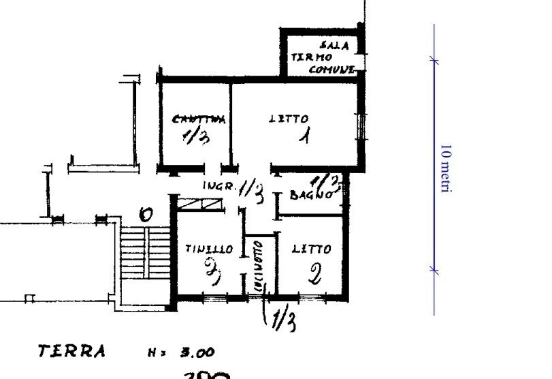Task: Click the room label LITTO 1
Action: click(289, 119)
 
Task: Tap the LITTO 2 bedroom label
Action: click(312, 249)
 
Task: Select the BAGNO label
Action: click(311, 195)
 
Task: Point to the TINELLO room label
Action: click(209, 249)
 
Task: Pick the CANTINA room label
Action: click(198, 119)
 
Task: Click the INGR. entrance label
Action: click(219, 185)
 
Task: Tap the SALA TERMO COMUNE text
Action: click(323, 58)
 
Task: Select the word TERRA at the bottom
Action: click(71, 352)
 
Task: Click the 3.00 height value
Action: click(197, 353)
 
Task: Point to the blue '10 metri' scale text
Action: click(446, 169)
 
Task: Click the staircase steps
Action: click(144, 253)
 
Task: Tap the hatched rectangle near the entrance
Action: click(201, 203)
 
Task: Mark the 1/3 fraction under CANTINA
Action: click(196, 138)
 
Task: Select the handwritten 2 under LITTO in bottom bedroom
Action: click(314, 275)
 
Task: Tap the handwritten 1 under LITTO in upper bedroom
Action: click(306, 136)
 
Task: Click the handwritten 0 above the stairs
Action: click(145, 215)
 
